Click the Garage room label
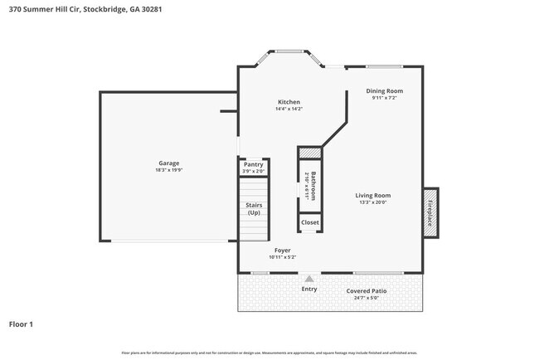[169, 163]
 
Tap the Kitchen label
[289, 102]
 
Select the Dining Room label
[385, 90]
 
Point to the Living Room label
[373, 195]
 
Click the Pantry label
[253, 165]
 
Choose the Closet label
[309, 222]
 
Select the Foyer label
[283, 250]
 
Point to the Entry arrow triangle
[308, 279]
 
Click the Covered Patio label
[367, 291]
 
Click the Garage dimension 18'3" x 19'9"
[169, 170]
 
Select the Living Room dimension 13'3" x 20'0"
[373, 202]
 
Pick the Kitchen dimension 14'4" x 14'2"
[289, 109]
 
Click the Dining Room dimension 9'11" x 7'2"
[385, 98]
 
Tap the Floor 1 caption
[21, 324]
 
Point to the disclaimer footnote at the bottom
[269, 353]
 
